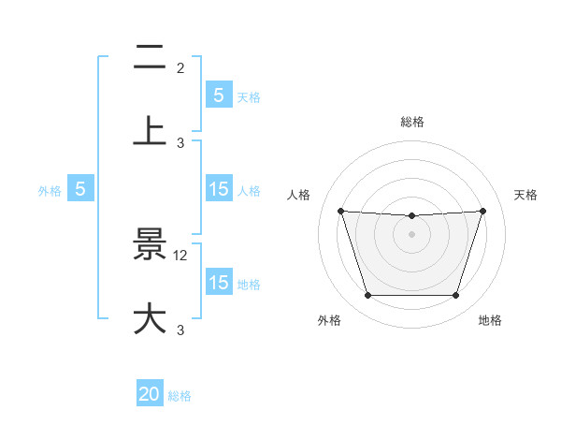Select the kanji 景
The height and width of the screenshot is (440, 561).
(150, 245)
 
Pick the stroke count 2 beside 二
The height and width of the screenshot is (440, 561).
(180, 68)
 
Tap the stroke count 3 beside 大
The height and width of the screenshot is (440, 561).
(180, 330)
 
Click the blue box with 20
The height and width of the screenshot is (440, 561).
(150, 394)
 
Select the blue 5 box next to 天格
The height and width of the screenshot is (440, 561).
(218, 95)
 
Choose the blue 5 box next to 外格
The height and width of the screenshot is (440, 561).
(80, 188)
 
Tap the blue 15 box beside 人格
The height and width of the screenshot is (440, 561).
(218, 188)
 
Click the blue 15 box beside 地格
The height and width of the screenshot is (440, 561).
(218, 282)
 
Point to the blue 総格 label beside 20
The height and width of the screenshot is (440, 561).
(180, 396)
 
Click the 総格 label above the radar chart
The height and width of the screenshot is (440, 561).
(411, 122)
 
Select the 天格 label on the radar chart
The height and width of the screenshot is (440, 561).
(526, 195)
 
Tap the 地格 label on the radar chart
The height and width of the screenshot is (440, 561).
(490, 321)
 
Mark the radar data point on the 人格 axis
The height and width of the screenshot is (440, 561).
(340, 211)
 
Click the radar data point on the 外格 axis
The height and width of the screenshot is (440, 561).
(367, 296)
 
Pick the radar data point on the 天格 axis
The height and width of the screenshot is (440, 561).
(482, 211)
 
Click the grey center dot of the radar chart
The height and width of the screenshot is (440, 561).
(411, 234)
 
